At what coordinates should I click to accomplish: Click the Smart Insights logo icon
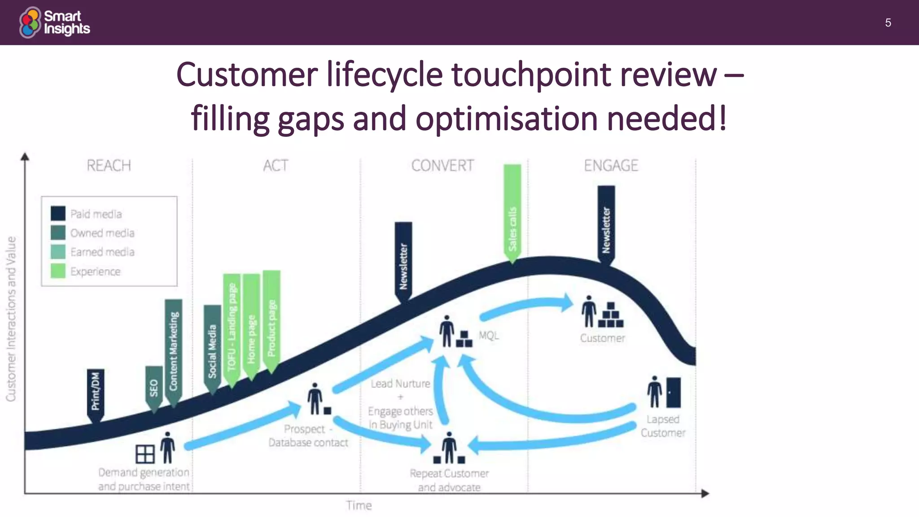30,22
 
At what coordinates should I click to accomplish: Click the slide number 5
888,23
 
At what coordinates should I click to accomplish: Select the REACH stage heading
109,166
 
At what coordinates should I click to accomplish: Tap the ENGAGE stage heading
611,166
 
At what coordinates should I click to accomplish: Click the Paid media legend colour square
58,214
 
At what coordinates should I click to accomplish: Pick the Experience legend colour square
58,271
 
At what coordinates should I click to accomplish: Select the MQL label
489,335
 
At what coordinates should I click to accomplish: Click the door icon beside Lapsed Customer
673,392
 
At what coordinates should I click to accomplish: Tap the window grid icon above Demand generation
145,454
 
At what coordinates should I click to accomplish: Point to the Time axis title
359,506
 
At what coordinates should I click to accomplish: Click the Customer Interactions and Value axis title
11,319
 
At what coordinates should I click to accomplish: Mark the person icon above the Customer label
589,311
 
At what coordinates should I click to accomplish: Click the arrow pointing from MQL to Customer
525,307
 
